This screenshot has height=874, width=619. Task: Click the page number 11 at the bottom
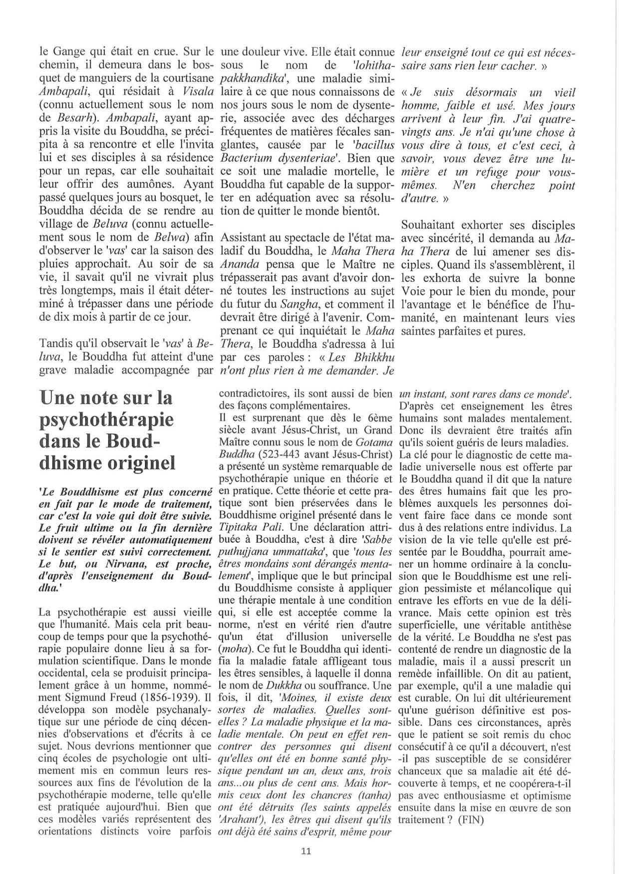point(306,851)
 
